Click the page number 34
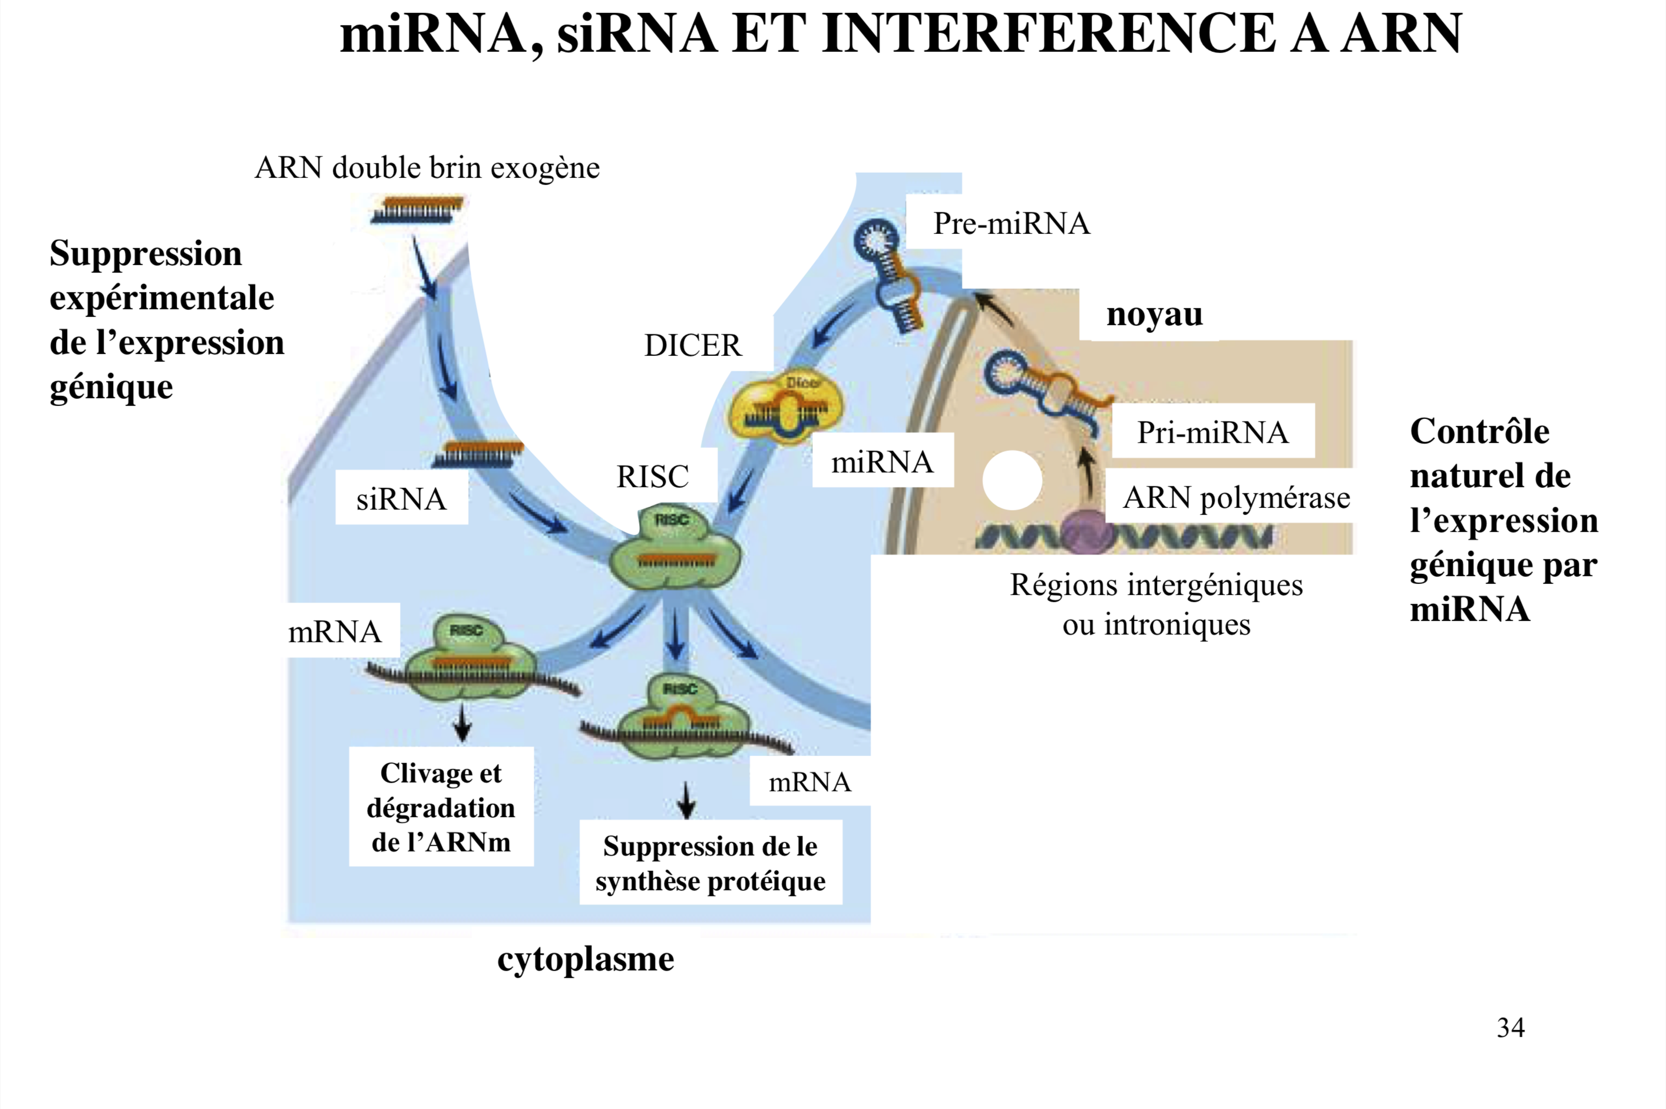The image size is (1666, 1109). [1510, 1027]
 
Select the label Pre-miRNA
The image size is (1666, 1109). [1011, 223]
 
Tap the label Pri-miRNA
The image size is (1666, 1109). [1212, 432]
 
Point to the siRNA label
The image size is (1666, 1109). [401, 499]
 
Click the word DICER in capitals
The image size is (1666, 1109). [692, 345]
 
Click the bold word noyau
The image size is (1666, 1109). [1154, 314]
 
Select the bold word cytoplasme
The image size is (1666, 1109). [586, 959]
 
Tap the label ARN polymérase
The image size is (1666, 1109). [1236, 497]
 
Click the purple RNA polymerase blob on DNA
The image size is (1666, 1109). [1084, 532]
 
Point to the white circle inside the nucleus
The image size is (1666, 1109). [1012, 480]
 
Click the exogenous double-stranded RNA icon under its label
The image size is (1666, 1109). [417, 210]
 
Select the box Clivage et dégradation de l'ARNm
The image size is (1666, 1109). [441, 807]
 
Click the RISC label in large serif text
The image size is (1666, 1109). [652, 477]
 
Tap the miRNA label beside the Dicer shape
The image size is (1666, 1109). [882, 462]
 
